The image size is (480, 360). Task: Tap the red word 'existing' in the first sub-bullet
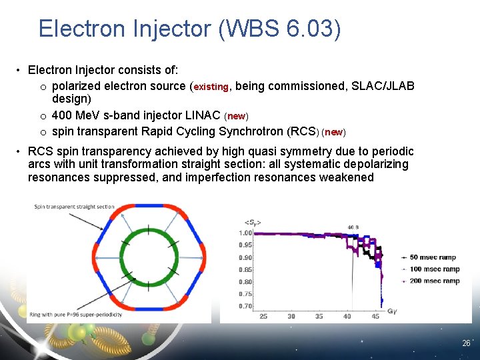click(x=211, y=87)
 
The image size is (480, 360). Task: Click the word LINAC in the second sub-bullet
click(x=200, y=115)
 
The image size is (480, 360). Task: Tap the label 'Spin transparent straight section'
click(x=75, y=207)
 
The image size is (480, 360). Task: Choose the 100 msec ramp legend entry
click(x=434, y=269)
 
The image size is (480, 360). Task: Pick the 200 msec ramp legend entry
click(x=434, y=281)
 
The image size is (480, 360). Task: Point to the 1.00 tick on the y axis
click(x=246, y=233)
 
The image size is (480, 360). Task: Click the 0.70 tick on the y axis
click(x=246, y=306)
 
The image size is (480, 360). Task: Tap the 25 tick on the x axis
click(x=263, y=316)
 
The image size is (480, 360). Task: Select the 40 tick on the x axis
click(x=347, y=316)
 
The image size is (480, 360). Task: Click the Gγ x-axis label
click(x=392, y=311)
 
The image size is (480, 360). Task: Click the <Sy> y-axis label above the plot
click(x=253, y=222)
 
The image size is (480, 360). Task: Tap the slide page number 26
click(x=466, y=343)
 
